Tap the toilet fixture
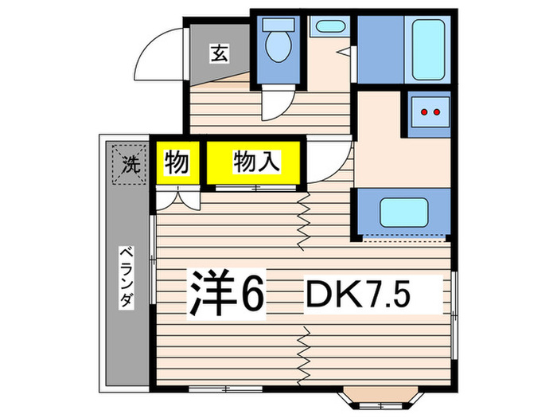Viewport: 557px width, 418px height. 278,44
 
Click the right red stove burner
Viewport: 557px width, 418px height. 437,112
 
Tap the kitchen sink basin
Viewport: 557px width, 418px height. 403,213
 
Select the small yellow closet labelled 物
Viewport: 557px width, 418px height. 177,164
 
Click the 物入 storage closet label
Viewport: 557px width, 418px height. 255,163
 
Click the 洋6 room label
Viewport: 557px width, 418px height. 225,295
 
